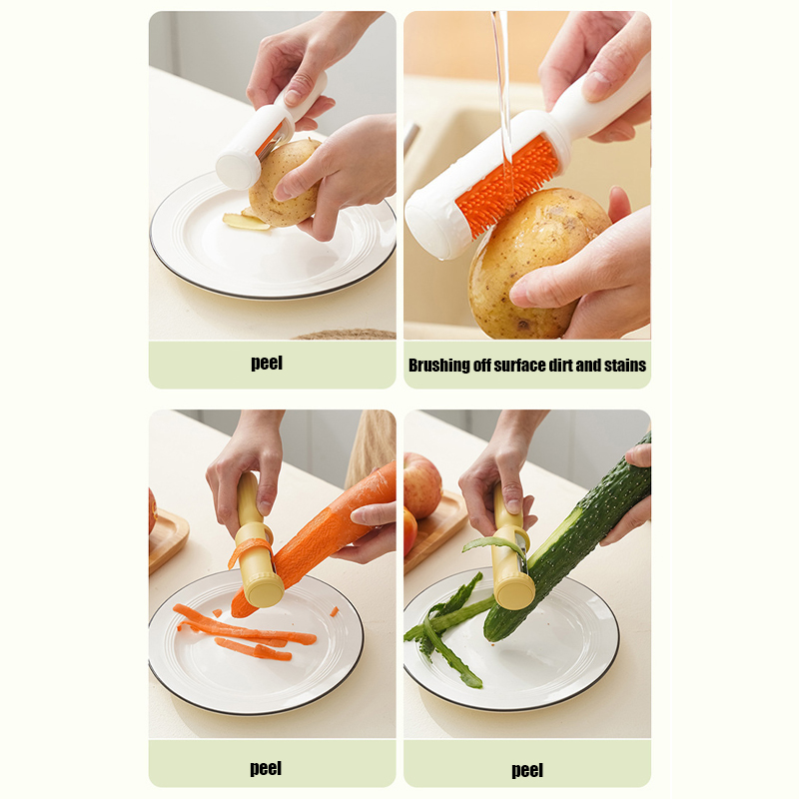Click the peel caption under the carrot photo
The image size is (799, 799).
coord(266,768)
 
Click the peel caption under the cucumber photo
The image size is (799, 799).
coord(527,770)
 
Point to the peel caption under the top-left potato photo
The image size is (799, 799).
coord(267,363)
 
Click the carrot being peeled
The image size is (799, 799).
coord(316,540)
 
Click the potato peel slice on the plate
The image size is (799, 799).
coord(246,221)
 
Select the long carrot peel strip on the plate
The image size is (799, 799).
coord(245,626)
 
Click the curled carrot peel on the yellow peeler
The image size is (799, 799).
coord(250,549)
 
